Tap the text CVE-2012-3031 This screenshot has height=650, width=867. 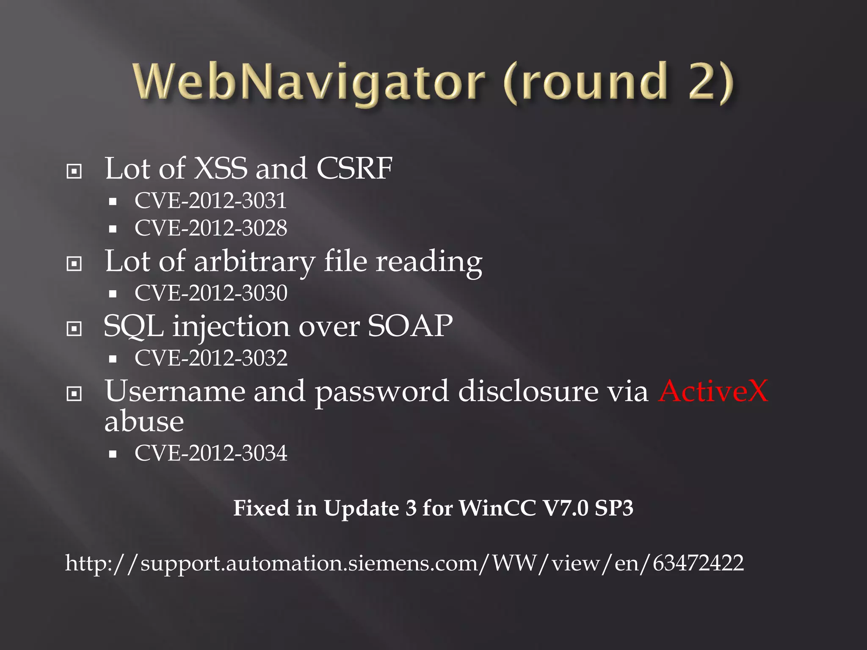(x=210, y=201)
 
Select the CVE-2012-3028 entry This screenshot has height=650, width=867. (x=210, y=228)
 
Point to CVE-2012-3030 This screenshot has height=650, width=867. (x=211, y=293)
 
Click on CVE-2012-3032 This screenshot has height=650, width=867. (x=211, y=358)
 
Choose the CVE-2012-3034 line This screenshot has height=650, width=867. (x=211, y=453)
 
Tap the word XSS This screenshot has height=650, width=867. (x=220, y=168)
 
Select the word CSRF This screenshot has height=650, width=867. (x=354, y=168)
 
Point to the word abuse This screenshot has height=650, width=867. (x=144, y=421)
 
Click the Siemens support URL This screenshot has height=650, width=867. (x=404, y=563)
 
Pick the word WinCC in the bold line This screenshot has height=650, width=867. (x=497, y=508)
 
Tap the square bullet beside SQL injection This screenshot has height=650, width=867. (x=74, y=329)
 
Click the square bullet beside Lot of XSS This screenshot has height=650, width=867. (x=74, y=171)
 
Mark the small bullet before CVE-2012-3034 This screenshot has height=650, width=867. (x=113, y=454)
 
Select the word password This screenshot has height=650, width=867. (x=382, y=391)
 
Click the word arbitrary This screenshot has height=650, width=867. (x=254, y=262)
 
